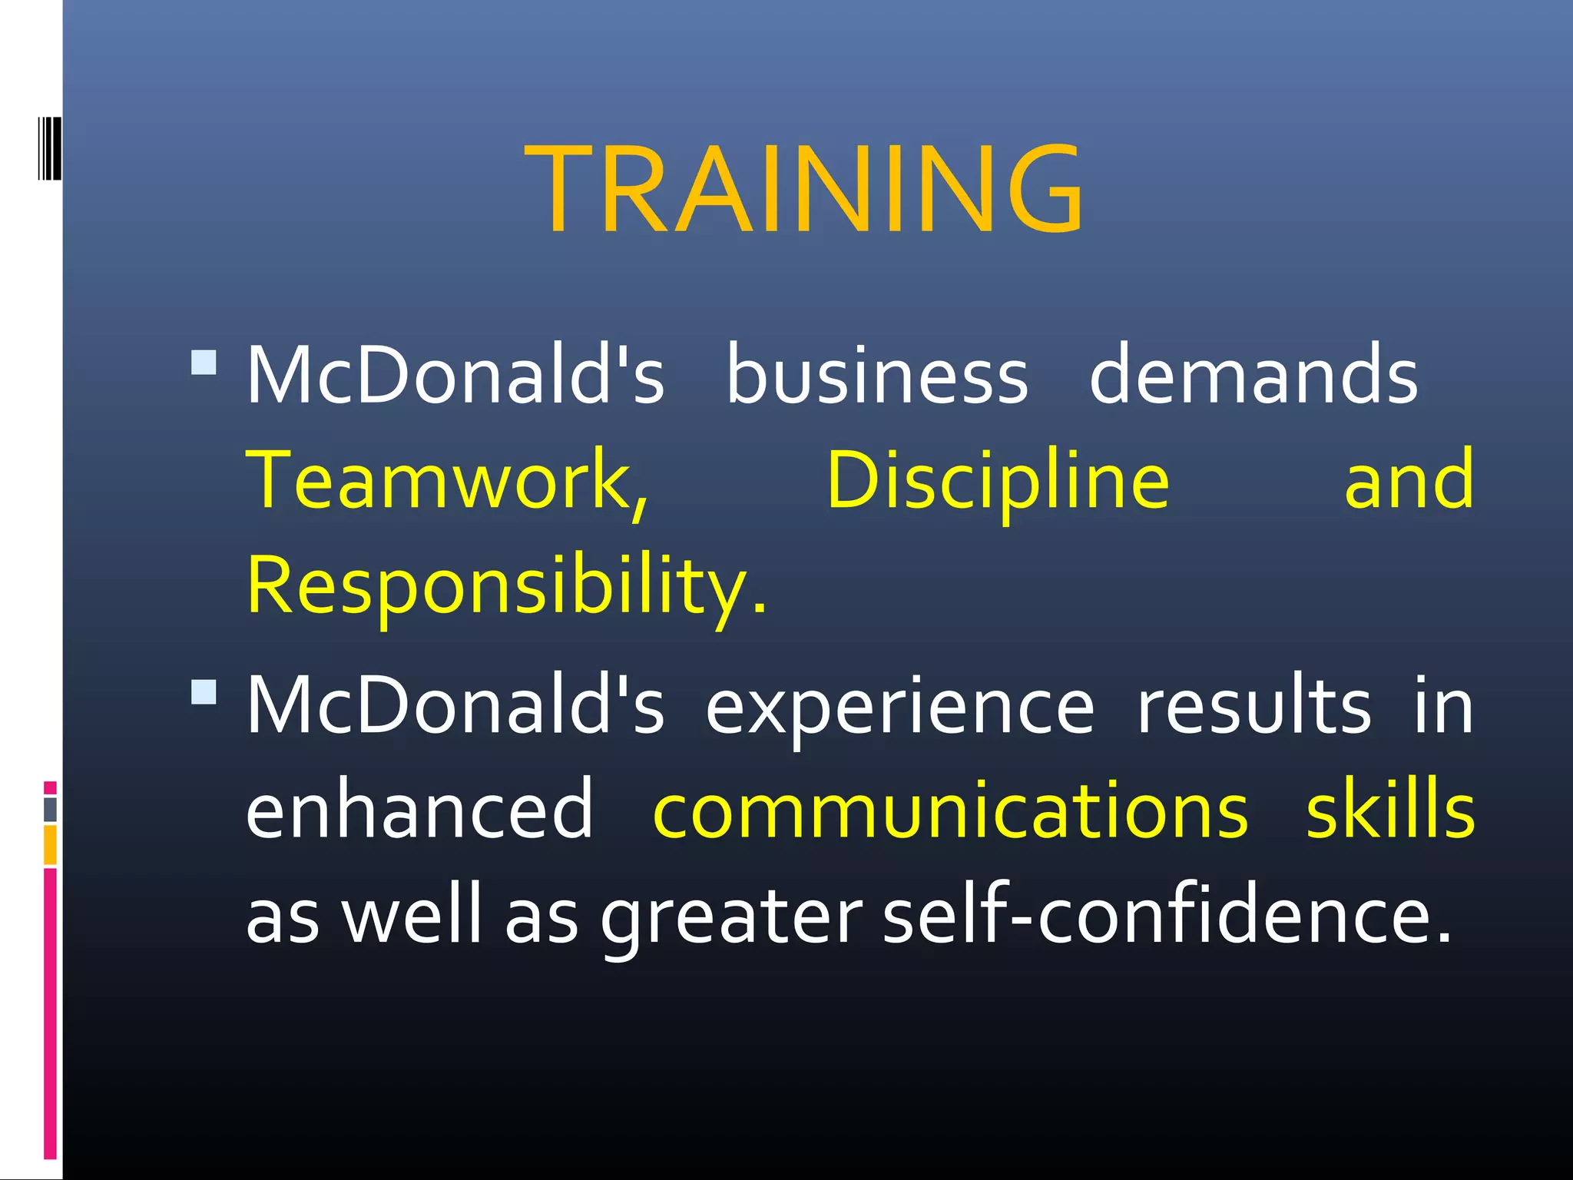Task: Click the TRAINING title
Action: pos(803,189)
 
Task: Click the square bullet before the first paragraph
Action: pos(204,362)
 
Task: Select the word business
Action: pos(876,374)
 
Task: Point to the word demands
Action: pos(1253,374)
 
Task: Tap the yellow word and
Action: pos(1409,480)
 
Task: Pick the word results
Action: pos(1253,705)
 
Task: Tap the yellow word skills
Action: pos(1389,808)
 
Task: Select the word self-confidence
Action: pos(1167,914)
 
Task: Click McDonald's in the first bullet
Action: pos(455,374)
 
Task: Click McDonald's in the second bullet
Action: pos(455,705)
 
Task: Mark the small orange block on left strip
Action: pos(50,844)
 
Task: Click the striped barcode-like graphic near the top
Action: pos(49,149)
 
